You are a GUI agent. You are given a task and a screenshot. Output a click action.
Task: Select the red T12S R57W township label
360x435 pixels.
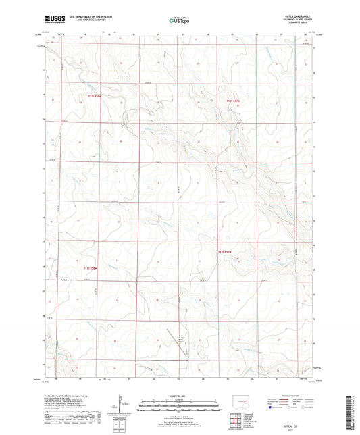coord(233,101)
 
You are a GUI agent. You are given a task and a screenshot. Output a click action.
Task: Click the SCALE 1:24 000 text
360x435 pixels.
coord(179,395)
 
